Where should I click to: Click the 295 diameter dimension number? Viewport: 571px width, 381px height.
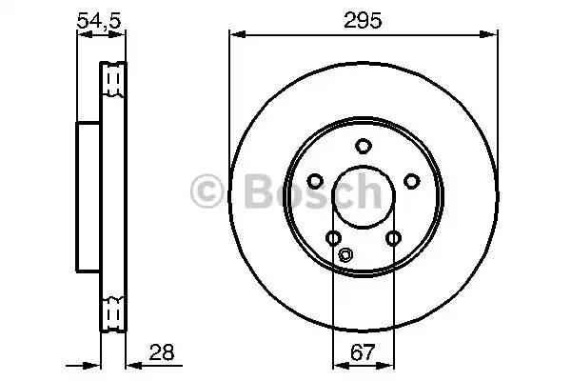363,20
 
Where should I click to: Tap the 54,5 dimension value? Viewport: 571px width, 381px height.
99,20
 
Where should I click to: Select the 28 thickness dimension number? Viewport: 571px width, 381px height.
162,352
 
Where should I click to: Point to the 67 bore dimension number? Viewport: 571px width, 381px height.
363,352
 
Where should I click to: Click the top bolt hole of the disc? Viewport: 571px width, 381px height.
364,146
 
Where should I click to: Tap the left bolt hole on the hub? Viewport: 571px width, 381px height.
315,181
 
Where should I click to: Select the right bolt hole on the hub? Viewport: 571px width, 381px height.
412,181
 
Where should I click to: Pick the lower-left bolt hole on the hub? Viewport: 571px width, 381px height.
333,238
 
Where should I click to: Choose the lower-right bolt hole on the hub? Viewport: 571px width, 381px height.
393,238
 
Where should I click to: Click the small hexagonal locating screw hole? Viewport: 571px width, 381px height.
345,254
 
